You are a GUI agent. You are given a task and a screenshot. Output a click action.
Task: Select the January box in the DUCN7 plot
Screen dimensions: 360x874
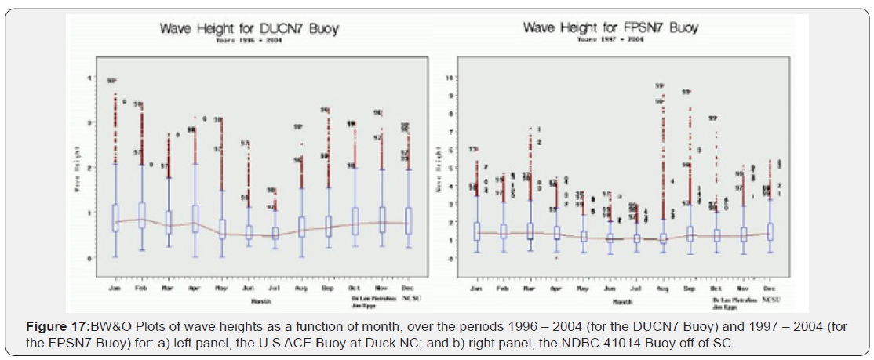pyautogui.click(x=115, y=217)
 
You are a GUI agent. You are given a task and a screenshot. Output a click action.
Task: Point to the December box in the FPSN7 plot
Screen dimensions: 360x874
pyautogui.click(x=771, y=231)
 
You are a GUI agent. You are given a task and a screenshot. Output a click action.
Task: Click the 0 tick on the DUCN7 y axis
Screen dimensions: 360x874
pyautogui.click(x=89, y=257)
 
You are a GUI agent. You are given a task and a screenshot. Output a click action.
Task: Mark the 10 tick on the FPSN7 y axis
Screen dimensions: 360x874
pyautogui.click(x=449, y=78)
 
